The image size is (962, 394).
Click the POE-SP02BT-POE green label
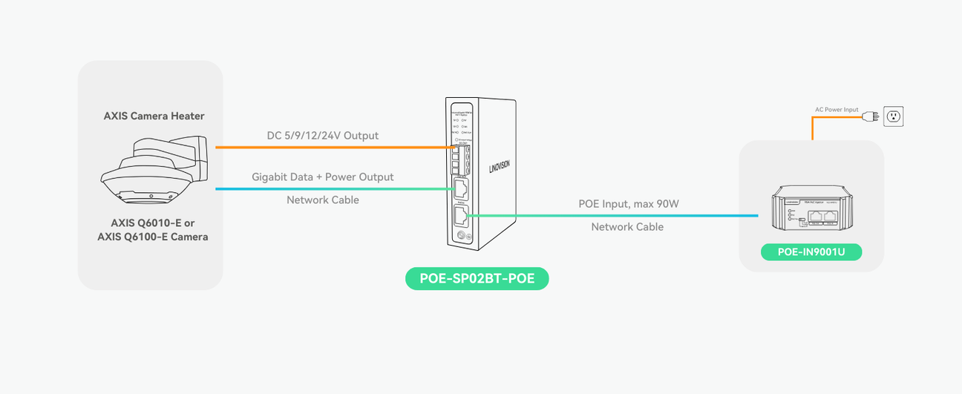477,278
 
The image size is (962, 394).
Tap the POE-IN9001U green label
811,252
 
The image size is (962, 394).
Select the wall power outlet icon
893,116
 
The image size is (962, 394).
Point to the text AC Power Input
837,110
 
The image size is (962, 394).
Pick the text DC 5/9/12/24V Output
322,136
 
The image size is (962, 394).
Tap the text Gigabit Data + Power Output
322,177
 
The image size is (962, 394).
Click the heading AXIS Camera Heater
154,116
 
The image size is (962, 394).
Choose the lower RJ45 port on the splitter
460,217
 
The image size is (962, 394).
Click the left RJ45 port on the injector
816,216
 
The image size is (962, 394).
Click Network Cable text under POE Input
627,227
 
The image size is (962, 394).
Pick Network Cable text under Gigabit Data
322,200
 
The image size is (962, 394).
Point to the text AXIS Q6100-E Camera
153,237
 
